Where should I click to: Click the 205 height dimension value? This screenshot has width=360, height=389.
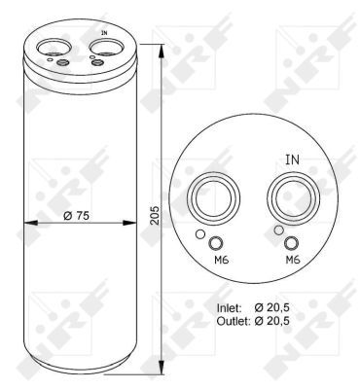155,216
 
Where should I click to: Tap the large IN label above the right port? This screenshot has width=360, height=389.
292,159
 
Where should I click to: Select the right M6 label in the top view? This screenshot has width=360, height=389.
292,261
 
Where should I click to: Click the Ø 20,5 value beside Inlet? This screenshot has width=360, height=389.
299,307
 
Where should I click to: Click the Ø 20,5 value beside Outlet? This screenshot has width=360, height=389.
299,320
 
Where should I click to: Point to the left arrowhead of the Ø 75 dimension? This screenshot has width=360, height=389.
25,224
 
